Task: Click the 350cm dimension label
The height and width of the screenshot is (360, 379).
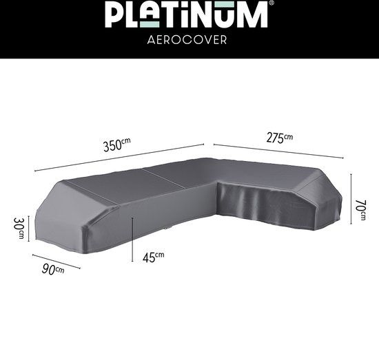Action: pos(116,145)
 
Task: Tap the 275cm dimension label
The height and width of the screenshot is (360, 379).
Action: pos(280,138)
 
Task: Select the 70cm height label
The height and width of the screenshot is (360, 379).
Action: pos(360,210)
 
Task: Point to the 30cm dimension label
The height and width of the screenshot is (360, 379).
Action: pos(19,228)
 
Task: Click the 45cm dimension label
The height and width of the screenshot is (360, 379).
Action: pos(153,257)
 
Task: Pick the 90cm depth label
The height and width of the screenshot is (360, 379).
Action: pos(53,269)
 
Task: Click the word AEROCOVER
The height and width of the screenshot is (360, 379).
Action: pos(187,40)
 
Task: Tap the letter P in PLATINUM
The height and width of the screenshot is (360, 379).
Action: pos(114,14)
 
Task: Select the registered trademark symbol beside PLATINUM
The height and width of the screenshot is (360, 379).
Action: pos(272,3)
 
